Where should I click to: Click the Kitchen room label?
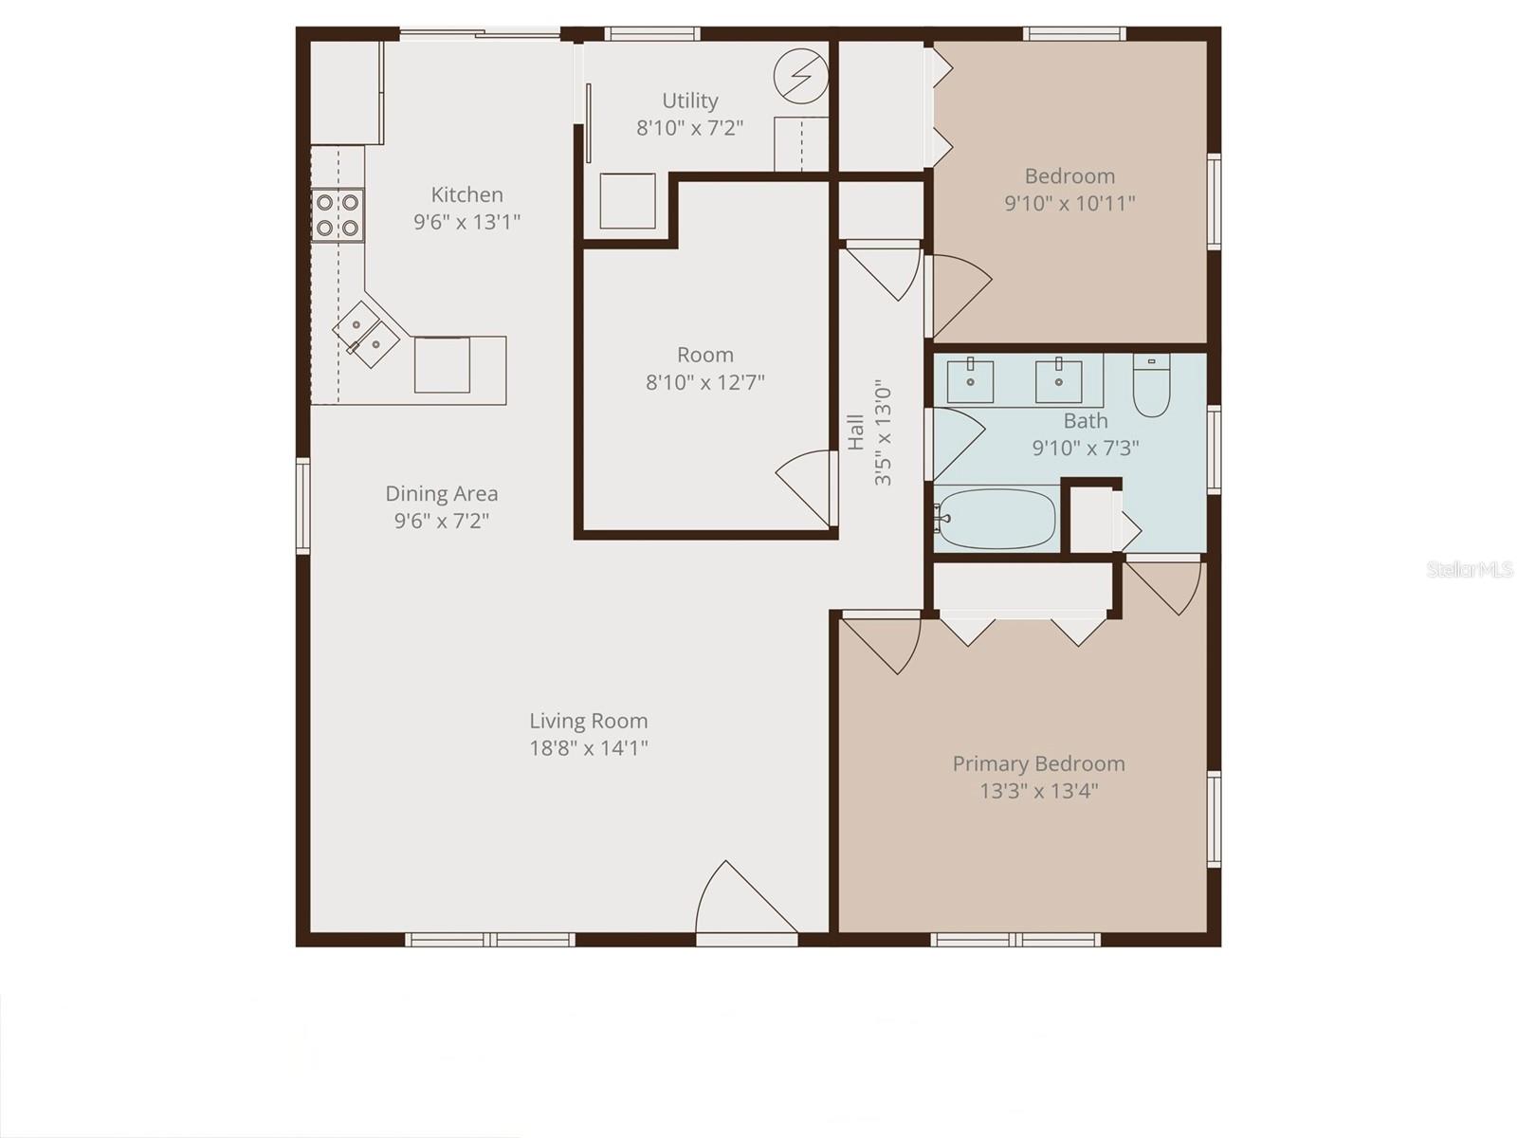pos(466,194)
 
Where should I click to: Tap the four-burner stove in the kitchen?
pos(338,215)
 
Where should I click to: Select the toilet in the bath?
pos(1152,387)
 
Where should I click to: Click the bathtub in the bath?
pos(996,519)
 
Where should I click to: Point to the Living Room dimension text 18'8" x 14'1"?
pos(588,748)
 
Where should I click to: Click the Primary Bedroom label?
pos(1038,763)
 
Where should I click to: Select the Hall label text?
pos(855,432)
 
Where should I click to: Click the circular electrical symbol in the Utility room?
pos(800,75)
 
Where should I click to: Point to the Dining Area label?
pos(441,493)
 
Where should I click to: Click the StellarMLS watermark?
pos(1469,569)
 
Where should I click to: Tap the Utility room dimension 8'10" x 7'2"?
pos(689,128)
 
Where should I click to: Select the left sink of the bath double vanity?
pos(971,380)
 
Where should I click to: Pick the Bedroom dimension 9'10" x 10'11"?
pos(1069,203)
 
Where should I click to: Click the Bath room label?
pos(1085,420)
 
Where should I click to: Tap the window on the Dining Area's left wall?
pos(302,505)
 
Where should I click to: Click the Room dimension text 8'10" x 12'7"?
pos(704,382)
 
